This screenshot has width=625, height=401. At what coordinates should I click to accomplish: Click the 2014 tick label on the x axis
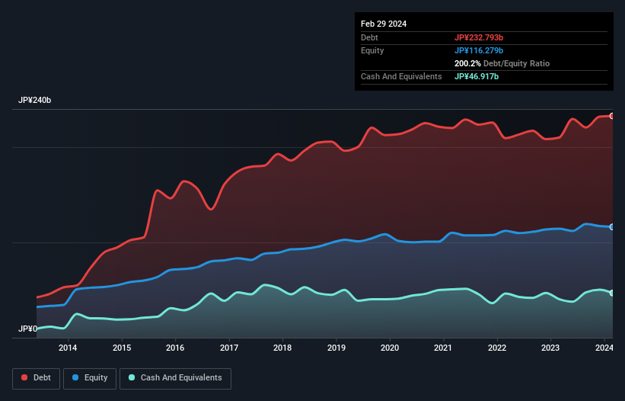tap(68, 348)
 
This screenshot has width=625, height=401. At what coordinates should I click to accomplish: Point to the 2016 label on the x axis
tap(175, 348)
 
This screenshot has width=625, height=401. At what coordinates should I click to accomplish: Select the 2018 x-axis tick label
tap(282, 348)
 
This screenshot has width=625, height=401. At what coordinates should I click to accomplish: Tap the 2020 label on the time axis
tap(390, 348)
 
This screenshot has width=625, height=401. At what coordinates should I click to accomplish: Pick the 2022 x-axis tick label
tap(497, 348)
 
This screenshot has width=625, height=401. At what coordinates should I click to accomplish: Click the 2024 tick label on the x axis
tap(604, 348)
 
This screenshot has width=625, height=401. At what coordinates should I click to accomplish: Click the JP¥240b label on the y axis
tap(35, 101)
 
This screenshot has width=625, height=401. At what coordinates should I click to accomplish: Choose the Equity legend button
tap(90, 378)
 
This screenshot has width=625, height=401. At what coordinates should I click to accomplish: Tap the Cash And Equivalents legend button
tap(175, 378)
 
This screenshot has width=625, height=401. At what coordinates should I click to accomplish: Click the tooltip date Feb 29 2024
tap(384, 24)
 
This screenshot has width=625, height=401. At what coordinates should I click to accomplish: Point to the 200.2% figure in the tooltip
tap(467, 63)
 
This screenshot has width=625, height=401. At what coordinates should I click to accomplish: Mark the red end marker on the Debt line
tap(612, 116)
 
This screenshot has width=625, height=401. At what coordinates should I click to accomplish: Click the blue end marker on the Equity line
tap(612, 227)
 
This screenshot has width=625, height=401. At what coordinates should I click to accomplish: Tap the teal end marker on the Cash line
tap(612, 293)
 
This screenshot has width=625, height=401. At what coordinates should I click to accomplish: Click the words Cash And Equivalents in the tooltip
tap(401, 76)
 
